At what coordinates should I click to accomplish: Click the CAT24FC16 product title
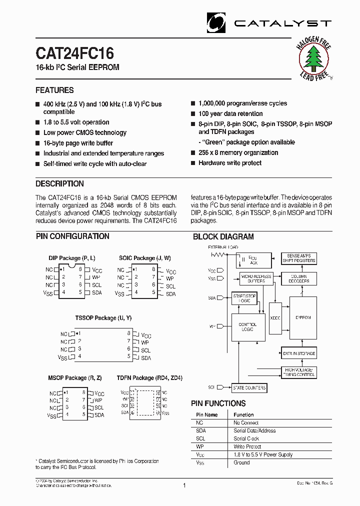tap(74, 53)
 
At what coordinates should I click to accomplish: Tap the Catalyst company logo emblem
tap(217, 23)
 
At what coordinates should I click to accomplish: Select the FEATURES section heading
tap(54, 90)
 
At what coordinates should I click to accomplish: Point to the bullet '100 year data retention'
tap(230, 113)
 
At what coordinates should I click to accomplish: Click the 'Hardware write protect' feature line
tap(230, 163)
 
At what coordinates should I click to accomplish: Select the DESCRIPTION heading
tap(59, 183)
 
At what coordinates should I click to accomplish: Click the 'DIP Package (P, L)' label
tap(72, 258)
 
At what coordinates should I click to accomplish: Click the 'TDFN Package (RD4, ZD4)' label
tap(149, 378)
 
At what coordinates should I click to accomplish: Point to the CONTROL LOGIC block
tap(248, 327)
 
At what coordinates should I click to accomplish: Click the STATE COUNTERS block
tap(249, 388)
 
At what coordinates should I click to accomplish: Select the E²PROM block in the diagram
tap(303, 317)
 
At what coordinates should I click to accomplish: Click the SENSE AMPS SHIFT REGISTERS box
tap(298, 258)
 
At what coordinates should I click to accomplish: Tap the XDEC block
tap(275, 318)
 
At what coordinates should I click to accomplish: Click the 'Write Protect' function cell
tap(247, 446)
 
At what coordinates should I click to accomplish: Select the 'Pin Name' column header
tap(206, 414)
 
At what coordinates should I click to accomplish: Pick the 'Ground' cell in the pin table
tap(241, 462)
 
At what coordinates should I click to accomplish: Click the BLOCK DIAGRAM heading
tap(223, 237)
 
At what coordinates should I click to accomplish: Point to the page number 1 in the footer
tap(184, 485)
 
